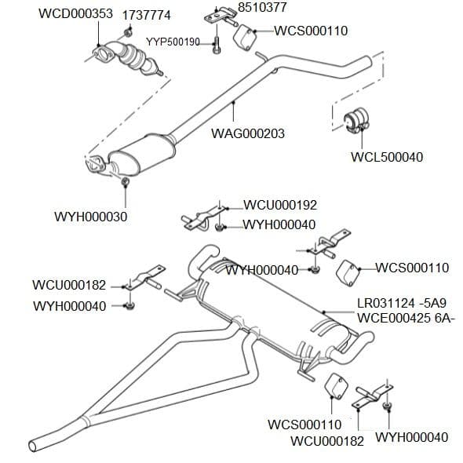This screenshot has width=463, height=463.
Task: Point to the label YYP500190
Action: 173,41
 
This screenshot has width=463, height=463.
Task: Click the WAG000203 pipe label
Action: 248,133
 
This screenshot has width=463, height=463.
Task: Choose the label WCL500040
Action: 386,157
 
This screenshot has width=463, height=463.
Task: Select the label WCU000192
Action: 280,206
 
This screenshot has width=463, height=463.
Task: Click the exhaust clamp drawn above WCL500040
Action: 359,120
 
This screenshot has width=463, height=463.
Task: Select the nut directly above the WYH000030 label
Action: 125,184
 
